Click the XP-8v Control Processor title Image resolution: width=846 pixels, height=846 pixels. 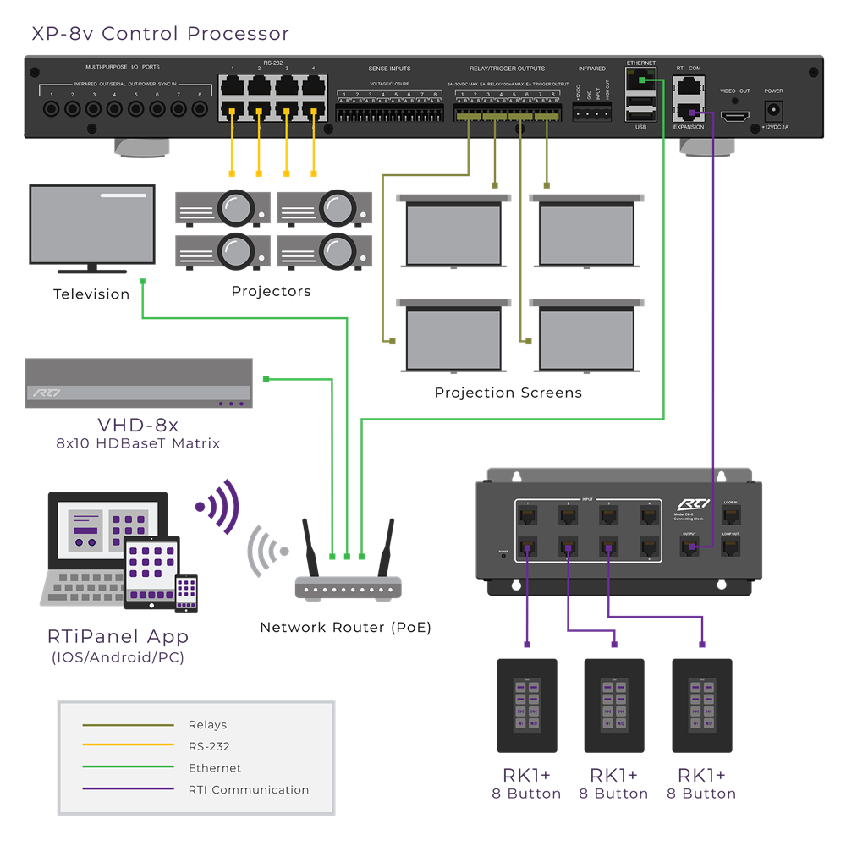point(161,34)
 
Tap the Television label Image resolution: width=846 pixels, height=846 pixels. point(91,294)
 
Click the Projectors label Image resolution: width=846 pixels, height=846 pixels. point(272,291)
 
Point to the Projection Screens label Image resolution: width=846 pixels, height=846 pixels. point(508,393)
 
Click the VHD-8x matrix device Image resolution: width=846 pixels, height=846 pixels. point(139,383)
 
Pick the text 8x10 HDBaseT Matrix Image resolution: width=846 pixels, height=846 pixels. point(138,442)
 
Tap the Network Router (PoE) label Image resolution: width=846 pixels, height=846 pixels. point(345,628)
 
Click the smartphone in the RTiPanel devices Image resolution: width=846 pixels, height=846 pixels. point(186,591)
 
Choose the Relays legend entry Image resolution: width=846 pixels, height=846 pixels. point(207,725)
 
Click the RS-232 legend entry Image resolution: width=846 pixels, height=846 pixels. point(209,747)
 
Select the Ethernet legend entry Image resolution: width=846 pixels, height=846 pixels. point(215,768)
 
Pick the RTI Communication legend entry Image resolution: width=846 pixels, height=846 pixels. point(249,790)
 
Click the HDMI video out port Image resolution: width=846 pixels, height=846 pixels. point(734,114)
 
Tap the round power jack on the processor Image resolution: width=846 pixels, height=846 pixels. point(772,111)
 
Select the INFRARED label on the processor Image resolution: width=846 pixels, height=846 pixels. point(592,69)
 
